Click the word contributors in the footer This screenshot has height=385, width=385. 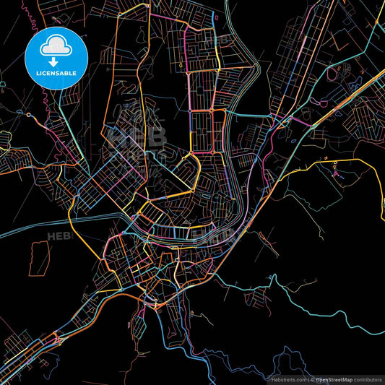tap(367, 378)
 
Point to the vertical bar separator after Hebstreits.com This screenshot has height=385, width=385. tap(307, 378)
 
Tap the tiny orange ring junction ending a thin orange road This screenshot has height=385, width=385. tap(29, 114)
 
